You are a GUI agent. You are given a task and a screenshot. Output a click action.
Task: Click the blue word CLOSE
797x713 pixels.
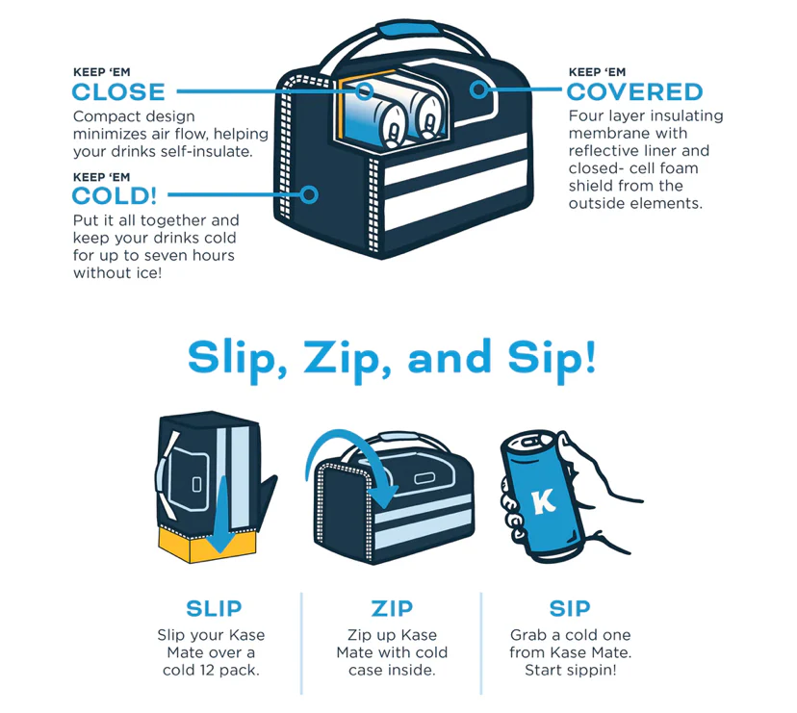118,92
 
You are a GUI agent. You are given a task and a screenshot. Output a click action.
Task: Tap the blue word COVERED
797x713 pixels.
635,92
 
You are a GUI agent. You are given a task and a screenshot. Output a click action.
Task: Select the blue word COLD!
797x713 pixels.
115,195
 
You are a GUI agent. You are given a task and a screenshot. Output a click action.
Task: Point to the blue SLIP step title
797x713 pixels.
214,608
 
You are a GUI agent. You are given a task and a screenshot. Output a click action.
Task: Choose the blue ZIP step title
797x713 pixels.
392,608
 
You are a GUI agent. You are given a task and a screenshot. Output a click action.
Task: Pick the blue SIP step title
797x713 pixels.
570,608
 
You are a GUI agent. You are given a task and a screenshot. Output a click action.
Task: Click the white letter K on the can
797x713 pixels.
543,501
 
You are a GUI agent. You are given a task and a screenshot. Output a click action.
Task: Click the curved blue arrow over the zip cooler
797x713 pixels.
350,445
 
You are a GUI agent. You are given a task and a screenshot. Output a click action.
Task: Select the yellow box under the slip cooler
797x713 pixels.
207,545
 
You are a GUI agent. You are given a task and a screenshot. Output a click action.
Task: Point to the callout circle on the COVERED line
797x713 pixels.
478,89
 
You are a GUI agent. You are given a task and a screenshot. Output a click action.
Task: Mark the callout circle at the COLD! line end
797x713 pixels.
309,194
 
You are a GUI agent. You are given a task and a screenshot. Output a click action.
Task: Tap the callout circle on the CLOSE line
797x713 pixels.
364,91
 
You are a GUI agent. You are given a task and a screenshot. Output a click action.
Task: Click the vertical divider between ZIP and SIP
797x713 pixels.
481,643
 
